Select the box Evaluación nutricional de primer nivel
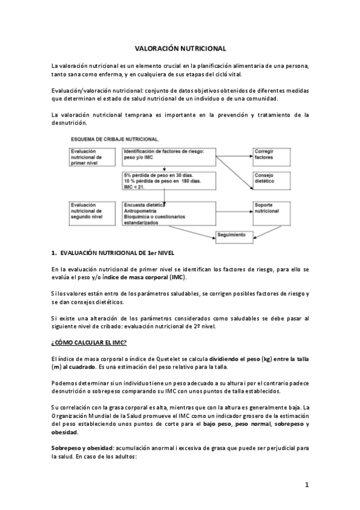click(92, 158)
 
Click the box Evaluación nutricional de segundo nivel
click(92, 212)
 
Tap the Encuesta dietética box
click(168, 214)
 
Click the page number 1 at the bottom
click(306, 485)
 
